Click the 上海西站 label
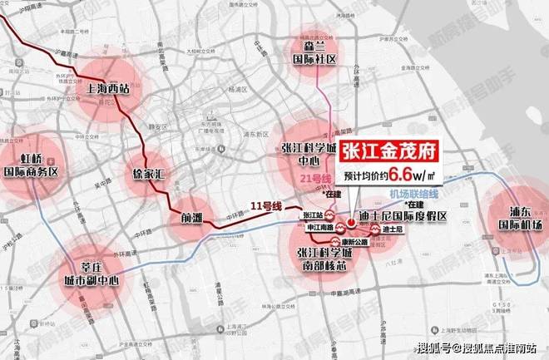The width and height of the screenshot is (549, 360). tap(114, 92)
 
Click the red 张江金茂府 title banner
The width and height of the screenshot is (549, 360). tap(390, 157)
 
